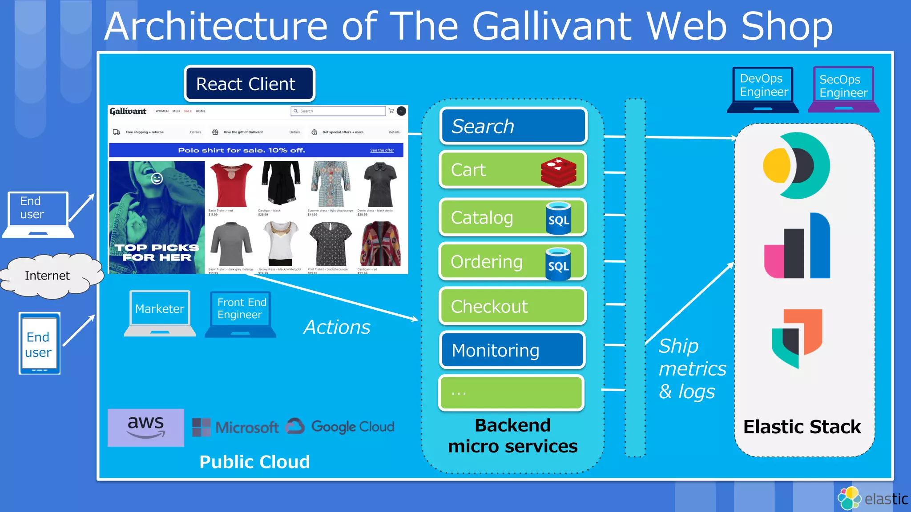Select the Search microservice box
click(x=513, y=126)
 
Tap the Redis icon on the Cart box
click(x=559, y=172)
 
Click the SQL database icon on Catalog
click(x=559, y=218)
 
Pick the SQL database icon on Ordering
click(x=558, y=264)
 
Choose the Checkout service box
click(x=512, y=306)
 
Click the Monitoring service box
click(x=512, y=350)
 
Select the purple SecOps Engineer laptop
click(x=843, y=89)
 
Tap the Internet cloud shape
click(x=48, y=276)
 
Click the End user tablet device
click(x=39, y=343)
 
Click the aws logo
click(x=146, y=427)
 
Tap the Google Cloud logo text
click(x=352, y=427)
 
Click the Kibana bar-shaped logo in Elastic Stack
click(x=797, y=247)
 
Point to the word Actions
click(x=337, y=328)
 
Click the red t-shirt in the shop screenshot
click(x=231, y=185)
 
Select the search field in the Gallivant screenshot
click(x=338, y=111)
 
